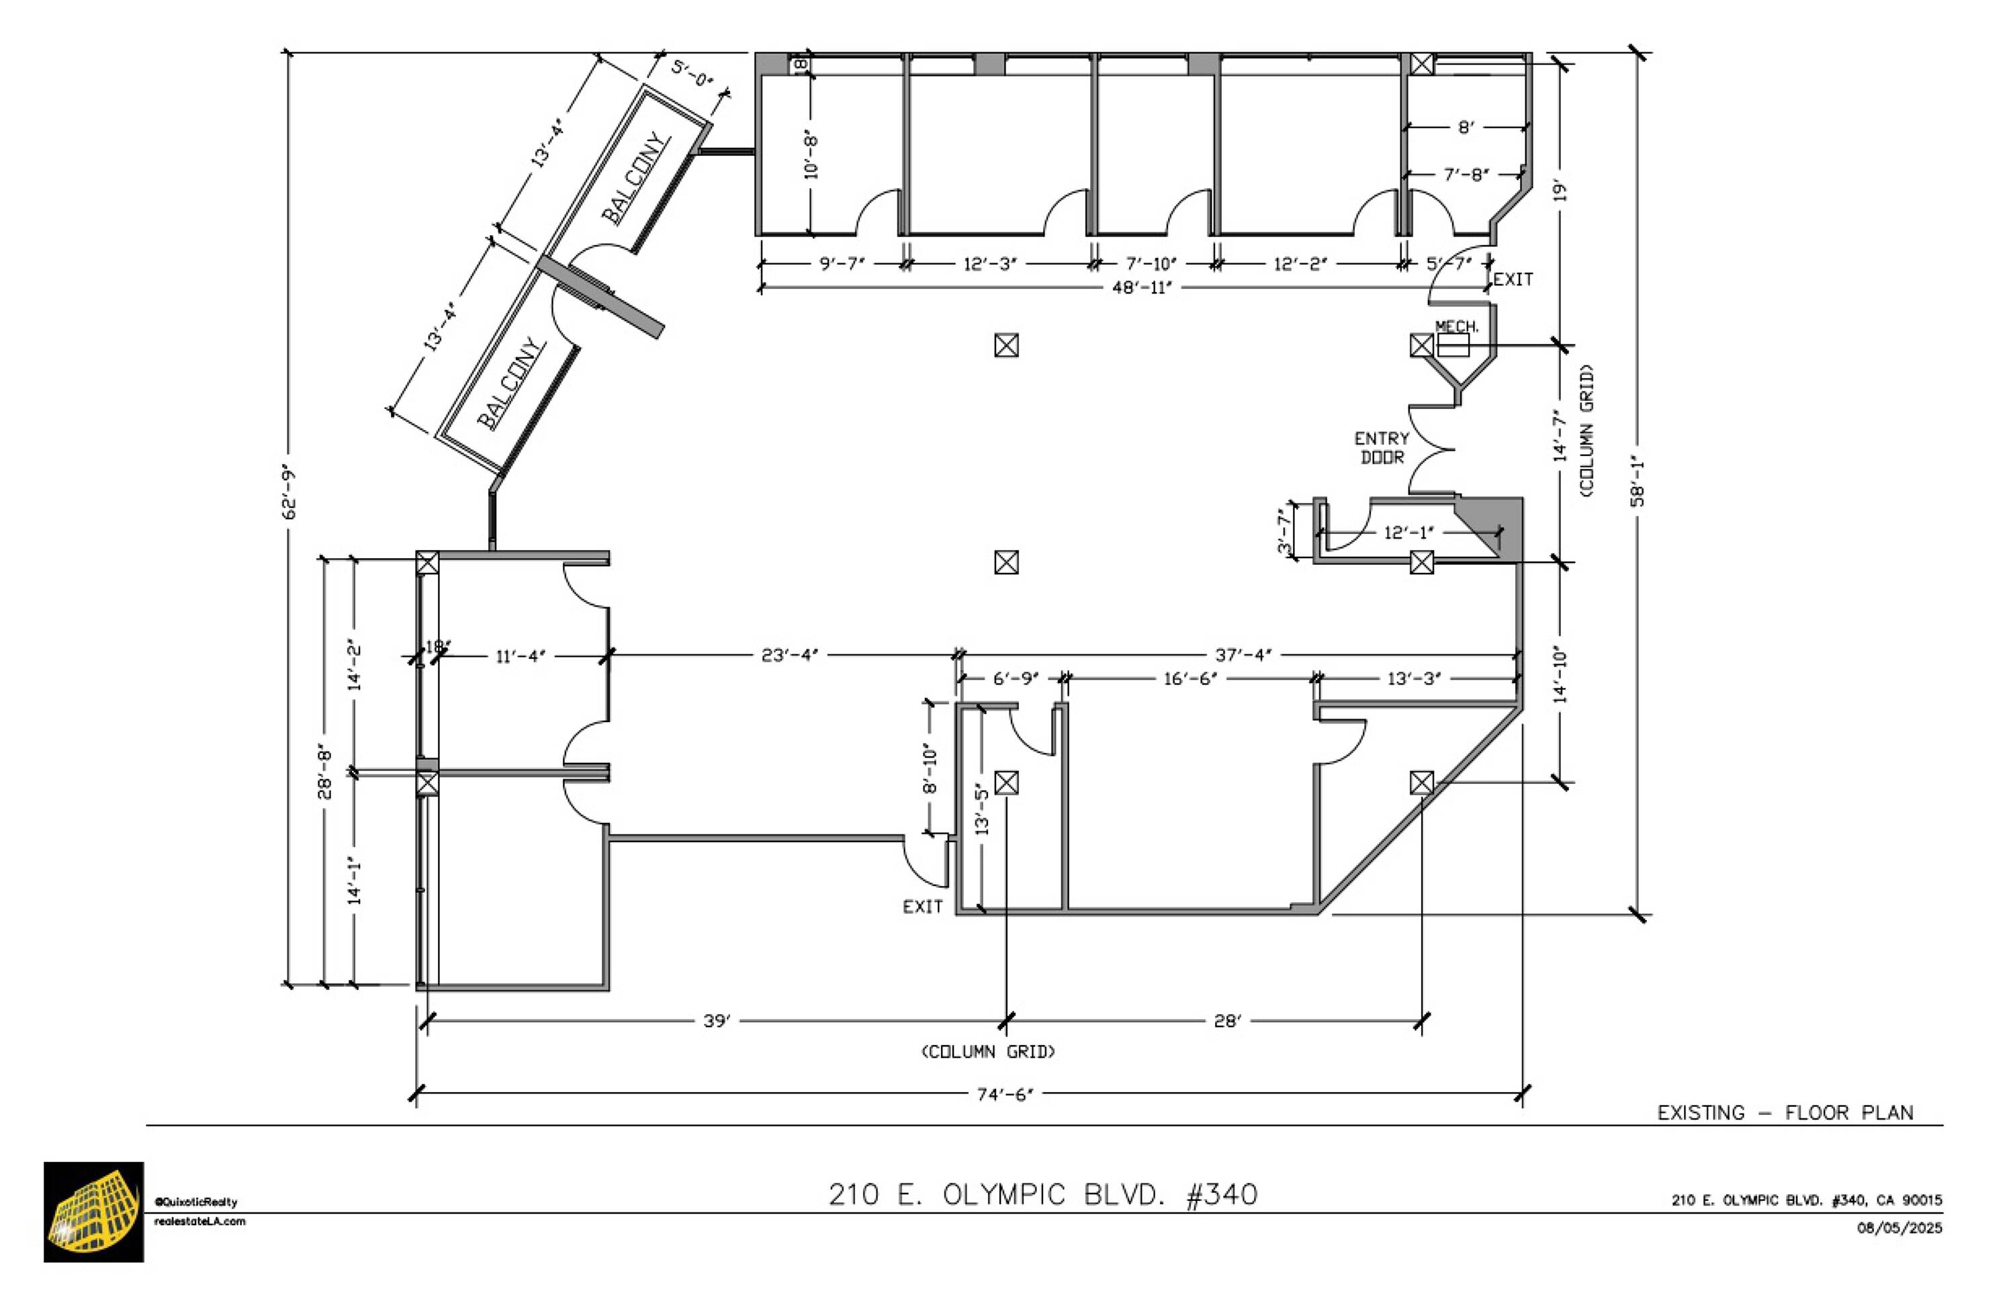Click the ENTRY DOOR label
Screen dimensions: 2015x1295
click(x=1381, y=448)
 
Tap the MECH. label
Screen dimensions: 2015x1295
click(x=1456, y=326)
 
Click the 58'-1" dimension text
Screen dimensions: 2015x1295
click(x=1638, y=481)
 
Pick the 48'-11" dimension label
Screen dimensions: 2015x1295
click(x=1142, y=287)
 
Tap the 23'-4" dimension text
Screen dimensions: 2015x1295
click(x=789, y=654)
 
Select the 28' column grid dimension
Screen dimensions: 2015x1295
click(x=1226, y=1021)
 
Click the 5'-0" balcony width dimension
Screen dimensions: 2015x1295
click(x=692, y=74)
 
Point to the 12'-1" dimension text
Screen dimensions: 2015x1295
click(x=1408, y=532)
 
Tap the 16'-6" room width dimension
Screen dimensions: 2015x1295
click(x=1190, y=678)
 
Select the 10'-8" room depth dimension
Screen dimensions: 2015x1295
click(x=811, y=154)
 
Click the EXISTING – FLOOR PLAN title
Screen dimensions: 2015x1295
click(x=1785, y=1112)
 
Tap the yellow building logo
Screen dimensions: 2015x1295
click(x=93, y=1212)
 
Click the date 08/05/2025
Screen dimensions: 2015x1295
click(x=1899, y=1228)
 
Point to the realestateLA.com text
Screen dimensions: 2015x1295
click(x=200, y=1221)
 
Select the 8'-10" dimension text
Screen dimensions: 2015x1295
click(x=930, y=768)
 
